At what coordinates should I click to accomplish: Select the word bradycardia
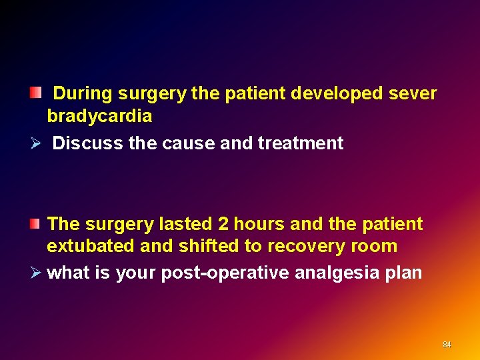(x=99, y=116)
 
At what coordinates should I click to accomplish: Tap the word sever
(x=417, y=93)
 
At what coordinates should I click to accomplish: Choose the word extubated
(x=90, y=246)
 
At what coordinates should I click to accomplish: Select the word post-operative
(x=227, y=273)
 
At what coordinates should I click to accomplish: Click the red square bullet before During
(x=35, y=91)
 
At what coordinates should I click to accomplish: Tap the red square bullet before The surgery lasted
(x=35, y=221)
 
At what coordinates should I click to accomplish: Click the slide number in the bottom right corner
(x=447, y=345)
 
